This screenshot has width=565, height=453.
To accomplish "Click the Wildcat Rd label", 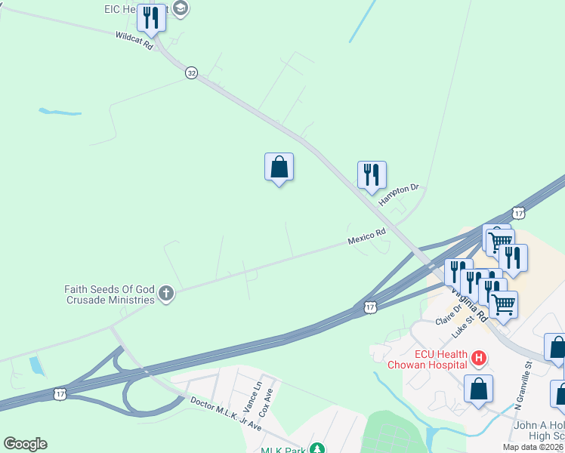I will point(134,41).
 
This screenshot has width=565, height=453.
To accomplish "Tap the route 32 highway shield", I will point(192,72).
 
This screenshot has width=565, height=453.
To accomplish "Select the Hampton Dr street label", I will point(400,191).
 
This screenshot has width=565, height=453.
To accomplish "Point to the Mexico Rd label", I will point(367,236).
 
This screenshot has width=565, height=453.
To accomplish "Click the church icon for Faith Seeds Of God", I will point(165,293).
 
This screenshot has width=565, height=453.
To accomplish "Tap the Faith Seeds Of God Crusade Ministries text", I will point(109,293).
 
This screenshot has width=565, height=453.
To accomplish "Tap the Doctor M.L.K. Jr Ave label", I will point(225,414).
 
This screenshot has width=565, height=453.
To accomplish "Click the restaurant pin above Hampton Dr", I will point(372,175).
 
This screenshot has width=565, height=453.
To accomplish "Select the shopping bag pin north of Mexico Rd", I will point(279,168).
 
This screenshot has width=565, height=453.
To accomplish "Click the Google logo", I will point(25,444).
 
